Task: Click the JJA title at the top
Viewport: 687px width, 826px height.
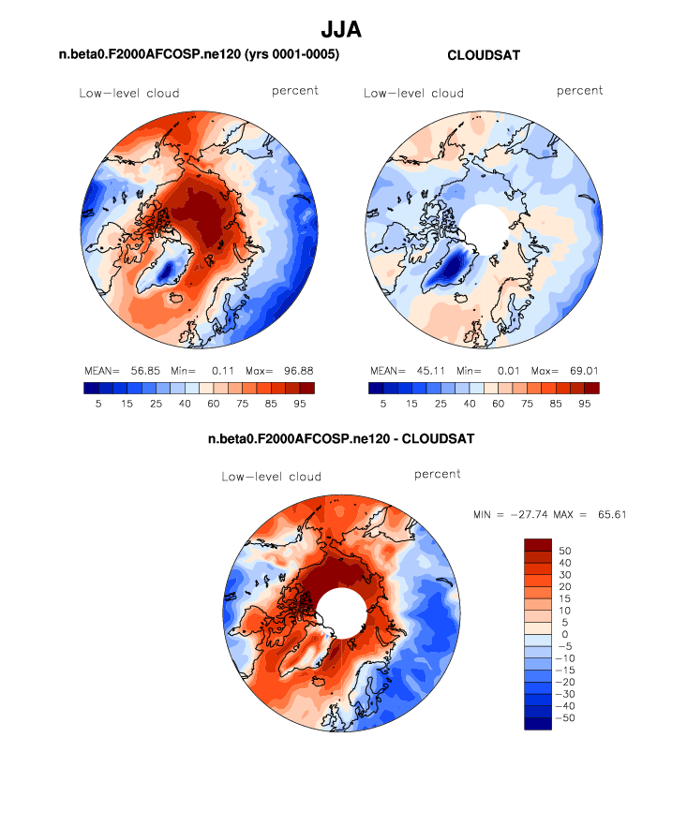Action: pos(341,31)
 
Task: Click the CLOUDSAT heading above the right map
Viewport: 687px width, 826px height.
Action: pos(484,56)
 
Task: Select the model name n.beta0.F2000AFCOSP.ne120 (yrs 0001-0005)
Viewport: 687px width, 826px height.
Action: pos(199,56)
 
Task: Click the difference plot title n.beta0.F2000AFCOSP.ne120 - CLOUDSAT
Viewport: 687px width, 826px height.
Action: pos(341,438)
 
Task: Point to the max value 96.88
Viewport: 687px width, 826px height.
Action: pos(295,371)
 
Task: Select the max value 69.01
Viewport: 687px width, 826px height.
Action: pos(580,371)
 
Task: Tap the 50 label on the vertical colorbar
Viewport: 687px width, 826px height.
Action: pos(566,551)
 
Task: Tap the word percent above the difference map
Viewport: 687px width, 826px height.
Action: pos(438,475)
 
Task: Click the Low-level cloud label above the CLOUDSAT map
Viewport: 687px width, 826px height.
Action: pos(413,93)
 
